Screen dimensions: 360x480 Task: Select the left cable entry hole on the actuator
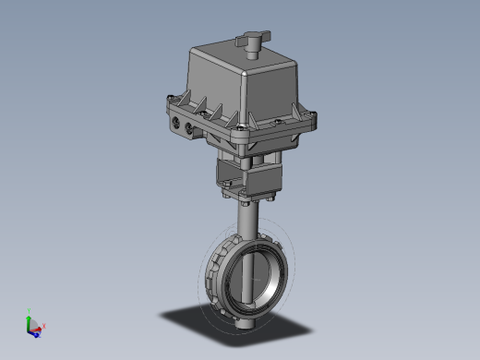(x=176, y=119)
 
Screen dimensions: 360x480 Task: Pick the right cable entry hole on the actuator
(x=193, y=127)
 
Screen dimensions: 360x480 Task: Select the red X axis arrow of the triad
(x=39, y=327)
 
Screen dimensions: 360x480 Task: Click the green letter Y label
(x=30, y=309)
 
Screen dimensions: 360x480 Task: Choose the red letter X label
(x=44, y=327)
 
